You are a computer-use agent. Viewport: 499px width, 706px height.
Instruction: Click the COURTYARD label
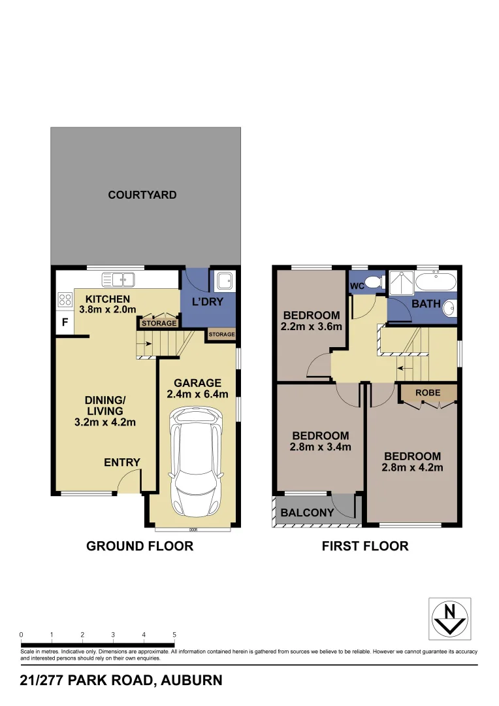point(142,195)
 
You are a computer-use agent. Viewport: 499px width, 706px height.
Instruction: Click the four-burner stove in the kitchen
point(65,300)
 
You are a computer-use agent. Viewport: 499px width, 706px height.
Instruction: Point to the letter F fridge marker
point(65,322)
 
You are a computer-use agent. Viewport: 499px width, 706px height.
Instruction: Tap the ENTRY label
point(122,463)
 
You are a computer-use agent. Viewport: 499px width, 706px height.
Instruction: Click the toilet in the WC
point(374,282)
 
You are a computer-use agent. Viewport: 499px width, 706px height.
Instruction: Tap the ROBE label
point(428,393)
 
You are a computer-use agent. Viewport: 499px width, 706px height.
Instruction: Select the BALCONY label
point(307,513)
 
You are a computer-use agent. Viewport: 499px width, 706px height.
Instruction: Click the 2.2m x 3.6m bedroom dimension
point(312,327)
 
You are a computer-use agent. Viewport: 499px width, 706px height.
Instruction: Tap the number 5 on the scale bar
point(174,634)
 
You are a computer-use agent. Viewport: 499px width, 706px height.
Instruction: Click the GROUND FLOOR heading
point(140,546)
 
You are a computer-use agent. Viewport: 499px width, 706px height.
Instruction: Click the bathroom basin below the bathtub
point(449,309)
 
